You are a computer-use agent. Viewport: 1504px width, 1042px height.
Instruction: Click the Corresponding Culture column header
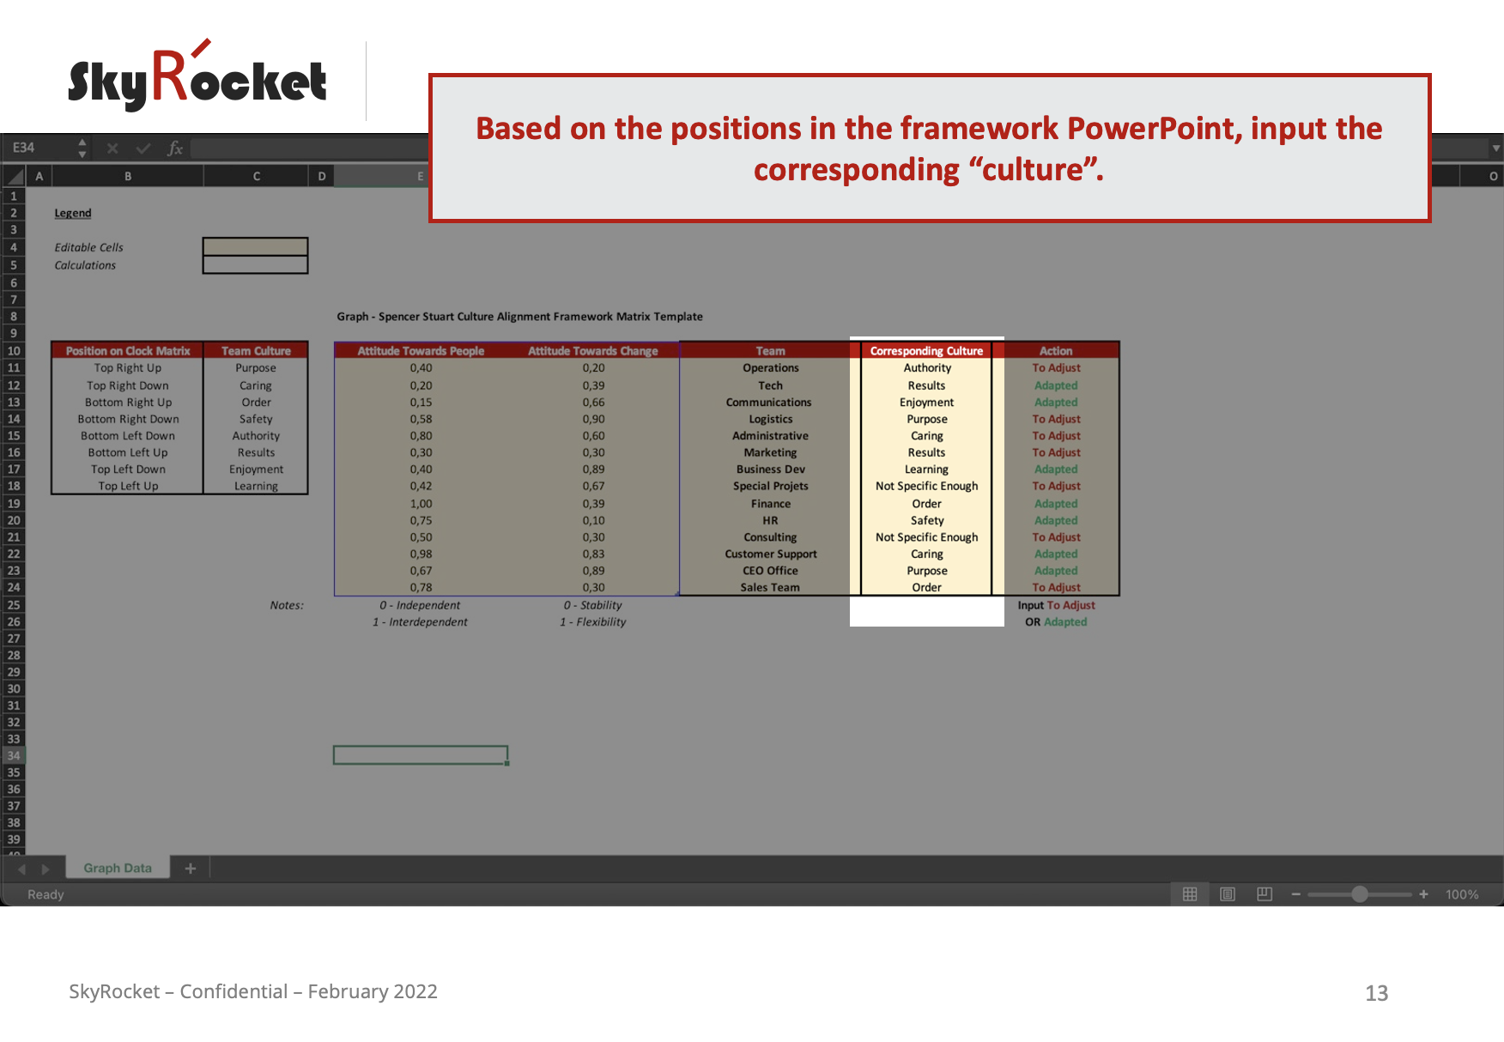tap(926, 351)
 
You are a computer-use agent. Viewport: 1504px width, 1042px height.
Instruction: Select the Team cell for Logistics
tap(770, 419)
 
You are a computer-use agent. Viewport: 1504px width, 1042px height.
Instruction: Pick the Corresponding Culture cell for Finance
tap(926, 504)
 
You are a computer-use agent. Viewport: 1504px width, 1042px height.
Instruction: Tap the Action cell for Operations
tap(1056, 368)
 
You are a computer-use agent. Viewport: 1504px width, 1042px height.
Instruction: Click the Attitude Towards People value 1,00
tap(421, 504)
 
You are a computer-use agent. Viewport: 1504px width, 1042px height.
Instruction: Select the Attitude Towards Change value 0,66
tap(593, 403)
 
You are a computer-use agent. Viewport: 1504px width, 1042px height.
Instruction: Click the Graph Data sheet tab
tap(118, 868)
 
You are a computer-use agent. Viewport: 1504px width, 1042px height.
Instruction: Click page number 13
tap(1376, 993)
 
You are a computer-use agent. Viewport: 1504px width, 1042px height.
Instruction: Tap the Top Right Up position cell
tap(128, 368)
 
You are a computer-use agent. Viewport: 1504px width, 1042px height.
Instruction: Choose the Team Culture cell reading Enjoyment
tap(256, 470)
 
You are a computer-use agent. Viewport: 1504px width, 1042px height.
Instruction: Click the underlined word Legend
tap(73, 213)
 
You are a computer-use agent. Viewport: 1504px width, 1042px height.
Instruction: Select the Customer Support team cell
tap(770, 554)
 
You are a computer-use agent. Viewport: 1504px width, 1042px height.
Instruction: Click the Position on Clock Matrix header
tap(128, 351)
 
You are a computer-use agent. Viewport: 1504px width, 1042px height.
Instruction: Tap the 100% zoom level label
tap(1461, 894)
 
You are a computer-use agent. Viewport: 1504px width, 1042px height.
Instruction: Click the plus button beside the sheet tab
tap(191, 869)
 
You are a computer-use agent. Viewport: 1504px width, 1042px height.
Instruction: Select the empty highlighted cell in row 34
tap(421, 755)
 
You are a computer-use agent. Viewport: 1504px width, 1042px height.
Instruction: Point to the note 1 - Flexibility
tap(593, 622)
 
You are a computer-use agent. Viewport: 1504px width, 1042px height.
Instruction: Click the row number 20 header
tap(14, 520)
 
